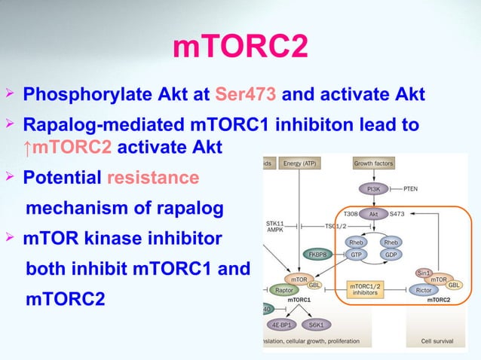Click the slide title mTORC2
240,48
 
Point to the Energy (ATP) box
300,163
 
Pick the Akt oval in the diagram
372,214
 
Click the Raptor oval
285,290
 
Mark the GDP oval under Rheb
391,255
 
